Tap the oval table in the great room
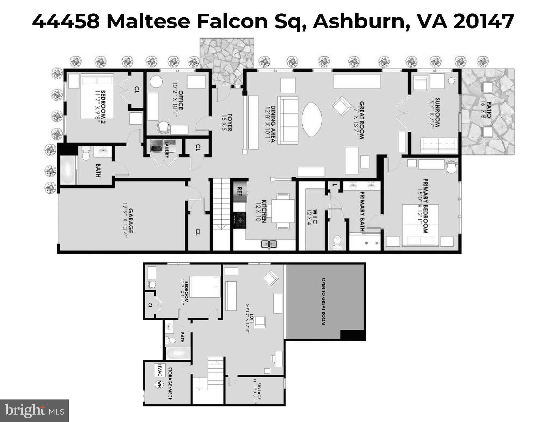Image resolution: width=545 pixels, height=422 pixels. (312, 119)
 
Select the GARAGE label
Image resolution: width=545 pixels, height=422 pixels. (130, 220)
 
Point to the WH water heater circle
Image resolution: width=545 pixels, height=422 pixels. (159, 384)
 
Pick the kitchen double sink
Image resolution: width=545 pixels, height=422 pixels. (269, 244)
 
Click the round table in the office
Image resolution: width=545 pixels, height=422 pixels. (156, 82)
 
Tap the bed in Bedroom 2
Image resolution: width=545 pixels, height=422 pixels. (97, 96)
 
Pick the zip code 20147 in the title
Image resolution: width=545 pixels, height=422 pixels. (484, 21)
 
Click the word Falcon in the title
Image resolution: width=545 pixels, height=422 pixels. (232, 21)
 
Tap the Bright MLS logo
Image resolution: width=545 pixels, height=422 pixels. (34, 410)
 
